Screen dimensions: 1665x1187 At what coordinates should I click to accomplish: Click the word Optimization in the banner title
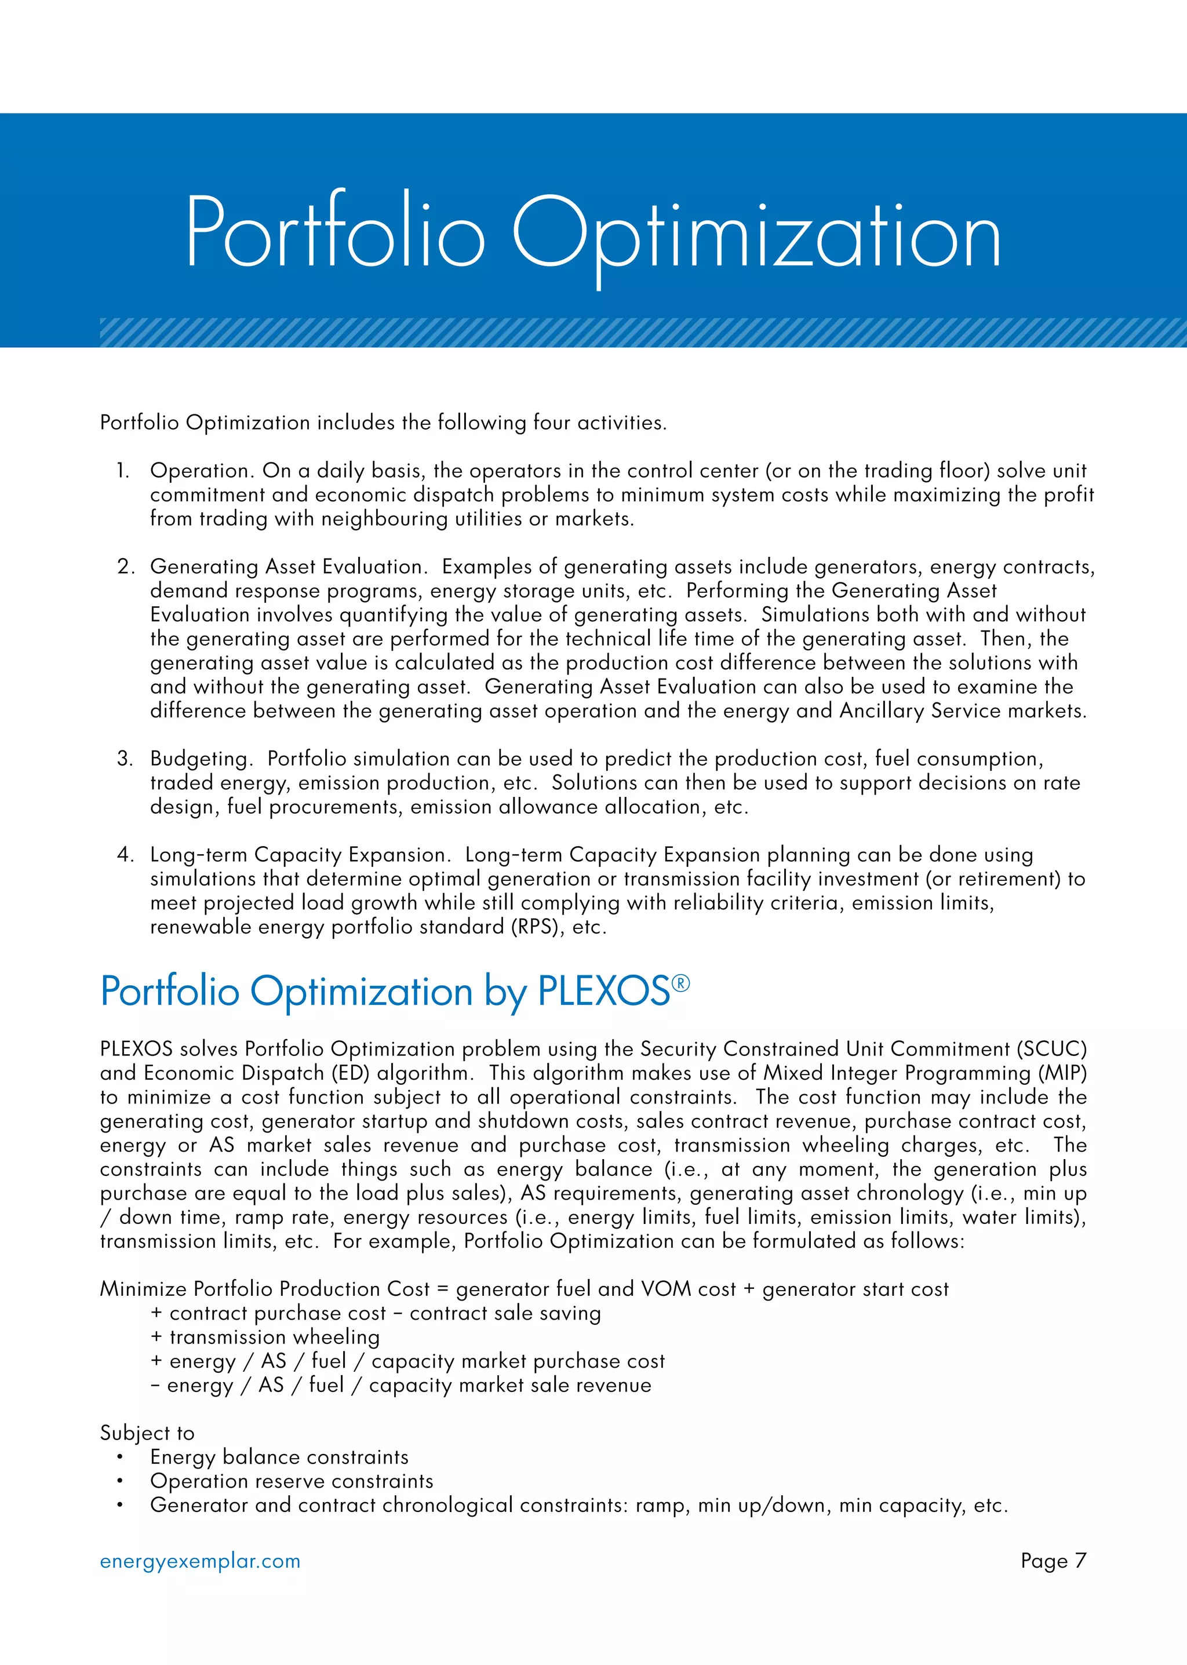coord(756,234)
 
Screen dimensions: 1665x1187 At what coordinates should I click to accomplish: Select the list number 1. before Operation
coord(123,471)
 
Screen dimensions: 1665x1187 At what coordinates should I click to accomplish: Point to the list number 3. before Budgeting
coord(125,759)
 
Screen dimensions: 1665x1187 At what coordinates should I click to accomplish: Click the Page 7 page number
coord(1053,1561)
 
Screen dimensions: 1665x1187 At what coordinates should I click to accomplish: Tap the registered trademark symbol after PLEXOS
coord(680,983)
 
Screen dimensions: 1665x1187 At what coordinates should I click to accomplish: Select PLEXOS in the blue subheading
coord(604,992)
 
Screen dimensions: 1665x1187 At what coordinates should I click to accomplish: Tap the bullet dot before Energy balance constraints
coord(119,1458)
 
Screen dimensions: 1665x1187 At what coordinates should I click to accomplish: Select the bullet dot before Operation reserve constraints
coord(119,1481)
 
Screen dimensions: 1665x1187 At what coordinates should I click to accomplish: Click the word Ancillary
coord(882,711)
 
